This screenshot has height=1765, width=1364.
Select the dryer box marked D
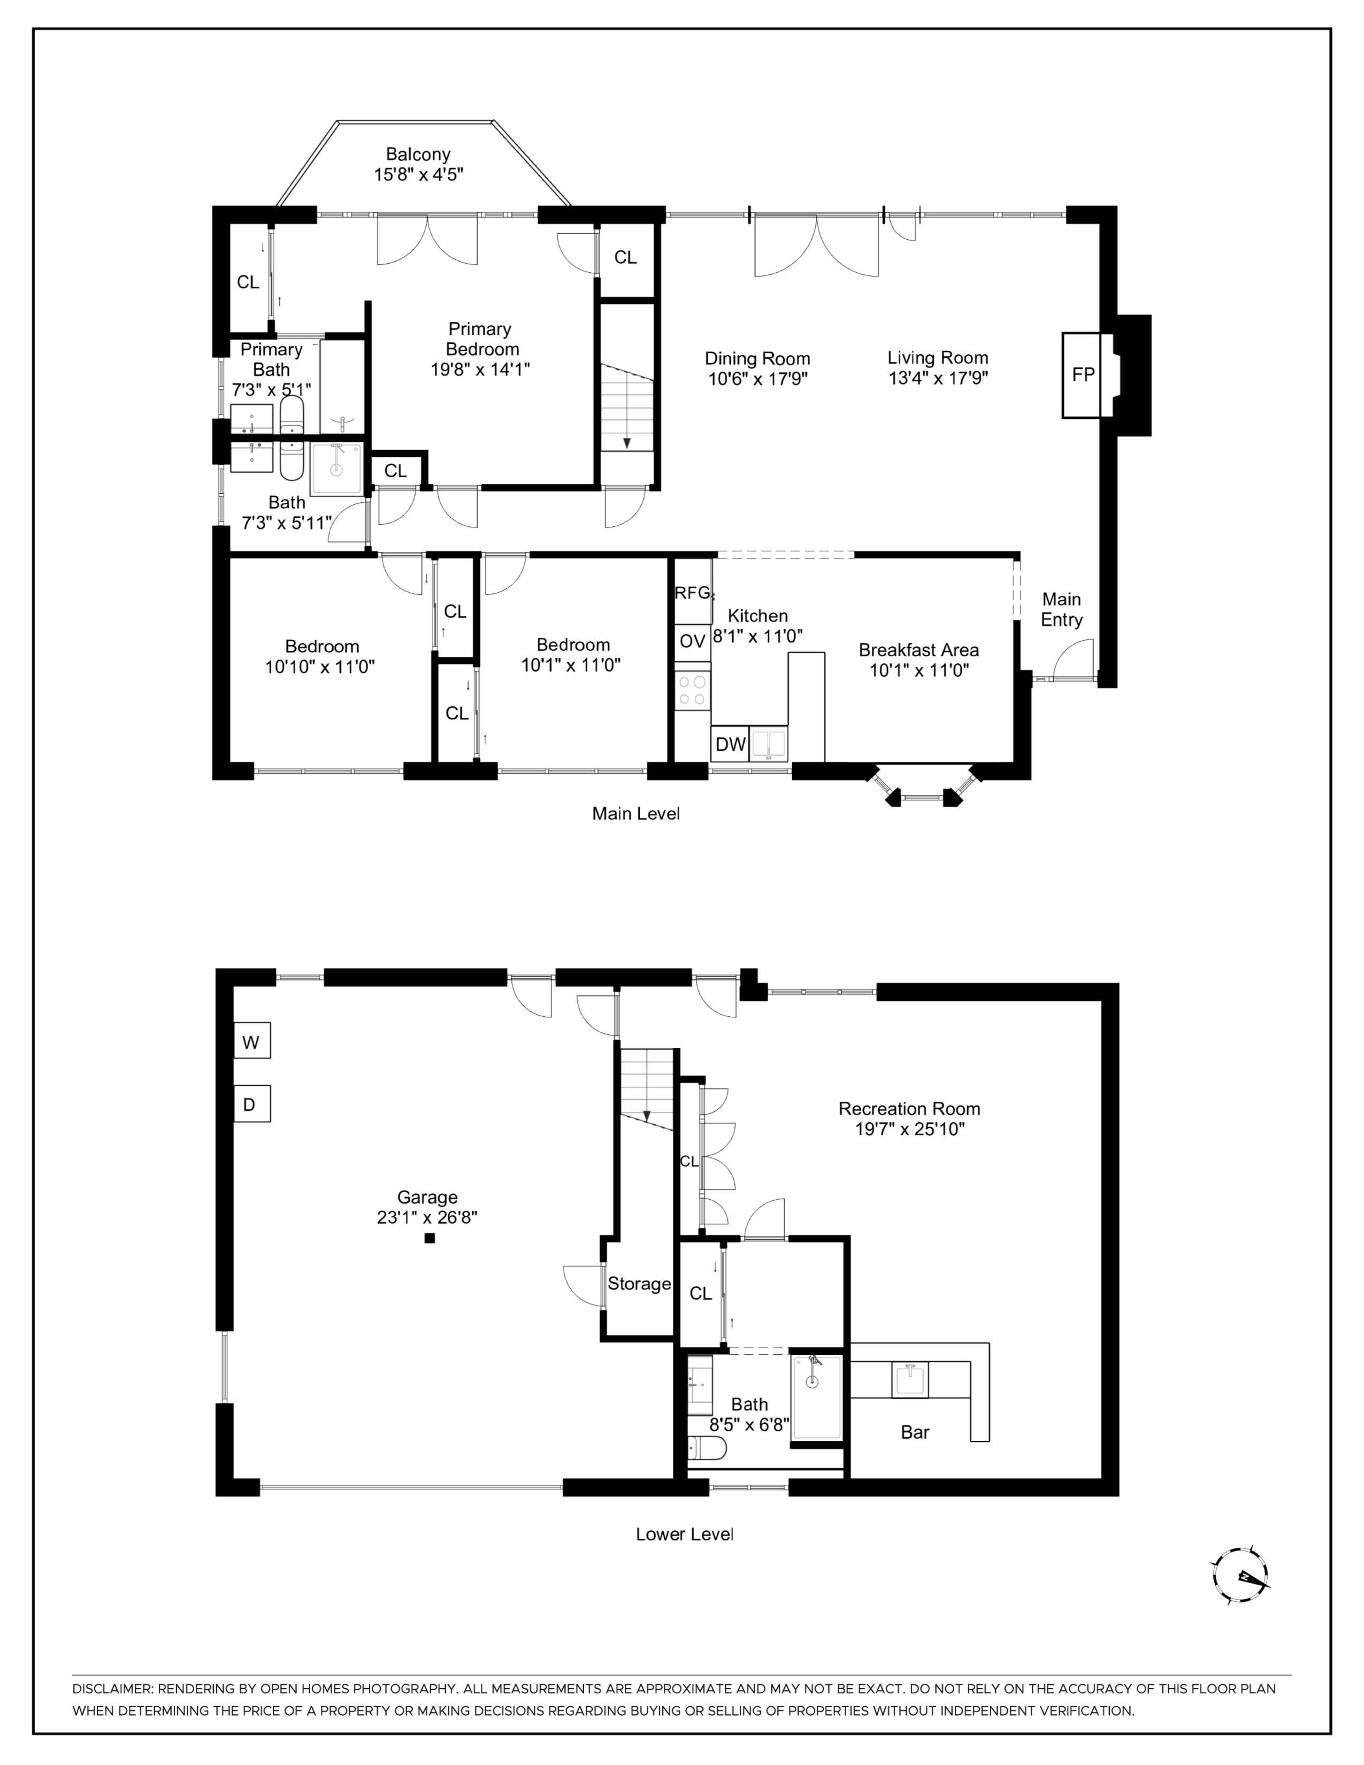click(251, 1104)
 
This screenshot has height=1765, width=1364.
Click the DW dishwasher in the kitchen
click(731, 745)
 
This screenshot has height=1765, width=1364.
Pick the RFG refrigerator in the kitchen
click(693, 592)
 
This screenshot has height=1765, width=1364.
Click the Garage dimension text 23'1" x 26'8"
click(427, 1217)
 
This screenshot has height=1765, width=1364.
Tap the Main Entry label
click(1061, 609)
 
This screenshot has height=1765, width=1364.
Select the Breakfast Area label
click(919, 650)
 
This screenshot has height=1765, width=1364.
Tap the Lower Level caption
click(685, 1534)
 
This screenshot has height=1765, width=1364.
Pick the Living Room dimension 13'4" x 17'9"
click(938, 378)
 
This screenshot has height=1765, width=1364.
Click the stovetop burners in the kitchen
click(693, 689)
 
